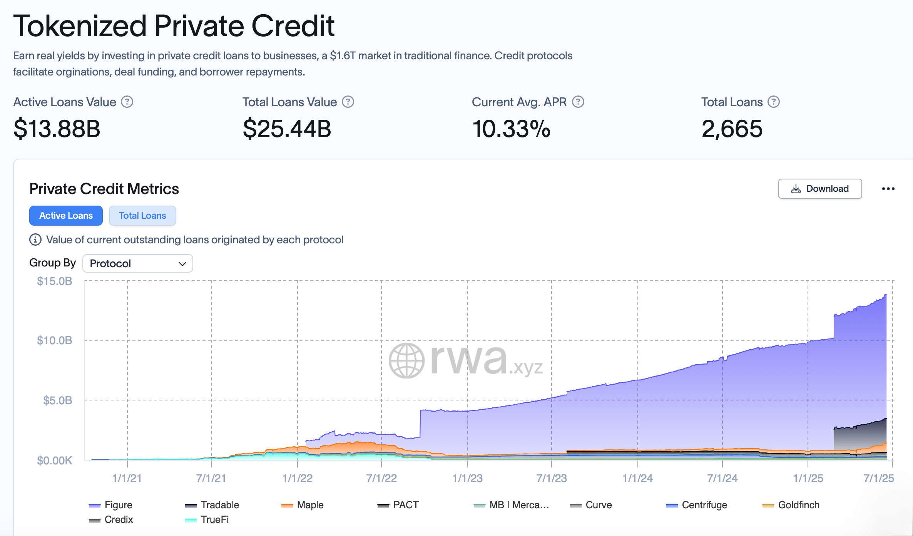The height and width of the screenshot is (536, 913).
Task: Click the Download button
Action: coord(820,189)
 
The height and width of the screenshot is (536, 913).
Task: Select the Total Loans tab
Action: coord(142,216)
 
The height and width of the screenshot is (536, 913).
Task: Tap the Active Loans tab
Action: coord(66,216)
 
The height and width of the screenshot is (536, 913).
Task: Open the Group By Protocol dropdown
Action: coord(138,263)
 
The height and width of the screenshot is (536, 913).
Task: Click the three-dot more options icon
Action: coord(888,189)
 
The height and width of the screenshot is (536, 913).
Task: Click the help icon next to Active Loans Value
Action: coord(127,102)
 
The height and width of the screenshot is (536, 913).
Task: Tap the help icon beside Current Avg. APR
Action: coord(578,102)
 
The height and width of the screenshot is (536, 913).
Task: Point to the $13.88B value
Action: coord(57,129)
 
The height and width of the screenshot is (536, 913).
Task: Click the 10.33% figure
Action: coord(511,129)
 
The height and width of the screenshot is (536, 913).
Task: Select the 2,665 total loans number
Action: coord(732,129)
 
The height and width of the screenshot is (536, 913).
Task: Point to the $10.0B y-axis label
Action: coord(55,340)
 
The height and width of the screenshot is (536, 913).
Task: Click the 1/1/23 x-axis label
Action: coord(467,478)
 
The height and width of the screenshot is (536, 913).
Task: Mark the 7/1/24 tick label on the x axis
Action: coord(722,478)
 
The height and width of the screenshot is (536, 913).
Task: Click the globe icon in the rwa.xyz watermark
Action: coord(406,360)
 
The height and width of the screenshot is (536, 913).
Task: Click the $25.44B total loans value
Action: coord(287,129)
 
